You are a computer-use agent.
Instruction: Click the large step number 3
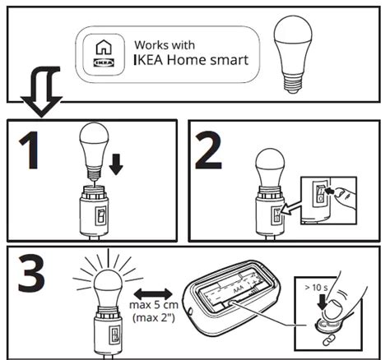(x=31, y=278)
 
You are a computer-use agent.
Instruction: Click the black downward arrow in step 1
(x=115, y=163)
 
